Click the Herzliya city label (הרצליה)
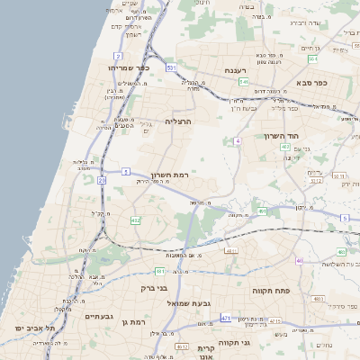coord(179,120)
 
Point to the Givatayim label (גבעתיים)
coord(98,317)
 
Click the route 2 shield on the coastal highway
coord(118,56)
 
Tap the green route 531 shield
coord(170,67)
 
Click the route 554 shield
coord(311,59)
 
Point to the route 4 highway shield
coord(237,141)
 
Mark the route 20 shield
coord(102,181)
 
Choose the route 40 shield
coord(299,261)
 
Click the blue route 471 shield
coord(225,319)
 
